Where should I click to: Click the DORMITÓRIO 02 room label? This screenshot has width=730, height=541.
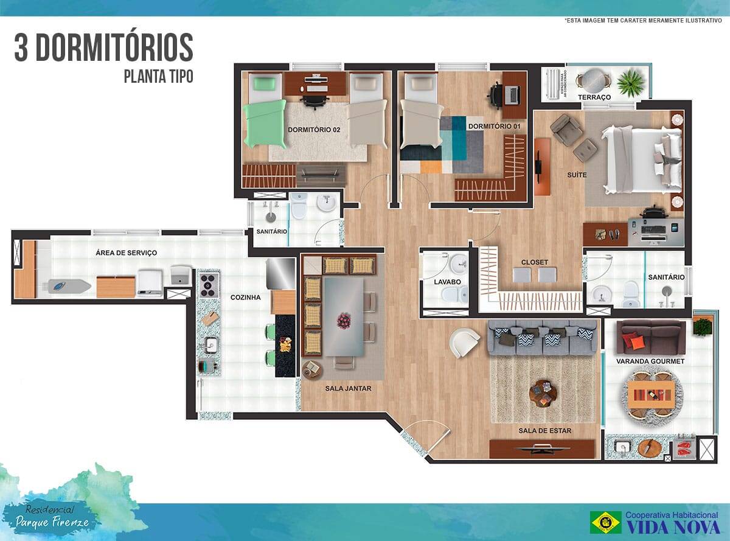coord(314,130)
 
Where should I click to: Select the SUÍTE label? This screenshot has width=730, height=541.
coord(577,175)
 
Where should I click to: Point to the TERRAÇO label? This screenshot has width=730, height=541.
coord(594,97)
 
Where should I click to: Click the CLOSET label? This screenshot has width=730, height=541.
coord(534,262)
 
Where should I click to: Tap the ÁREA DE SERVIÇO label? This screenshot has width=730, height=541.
coord(126,253)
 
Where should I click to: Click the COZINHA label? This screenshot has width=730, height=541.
coord(245,298)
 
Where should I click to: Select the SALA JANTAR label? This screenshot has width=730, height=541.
coord(348,388)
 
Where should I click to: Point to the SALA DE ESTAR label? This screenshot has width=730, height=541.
coord(544,431)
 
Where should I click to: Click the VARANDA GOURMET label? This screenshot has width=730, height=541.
coord(650,361)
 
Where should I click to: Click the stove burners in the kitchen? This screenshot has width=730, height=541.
coord(208,284)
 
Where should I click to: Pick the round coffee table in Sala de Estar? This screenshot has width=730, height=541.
coord(543,392)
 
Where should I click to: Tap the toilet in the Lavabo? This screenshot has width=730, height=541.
coord(452,295)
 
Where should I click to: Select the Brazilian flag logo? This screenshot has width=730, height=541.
coord(605,522)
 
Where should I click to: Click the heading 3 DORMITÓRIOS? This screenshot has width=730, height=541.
coord(103,49)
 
